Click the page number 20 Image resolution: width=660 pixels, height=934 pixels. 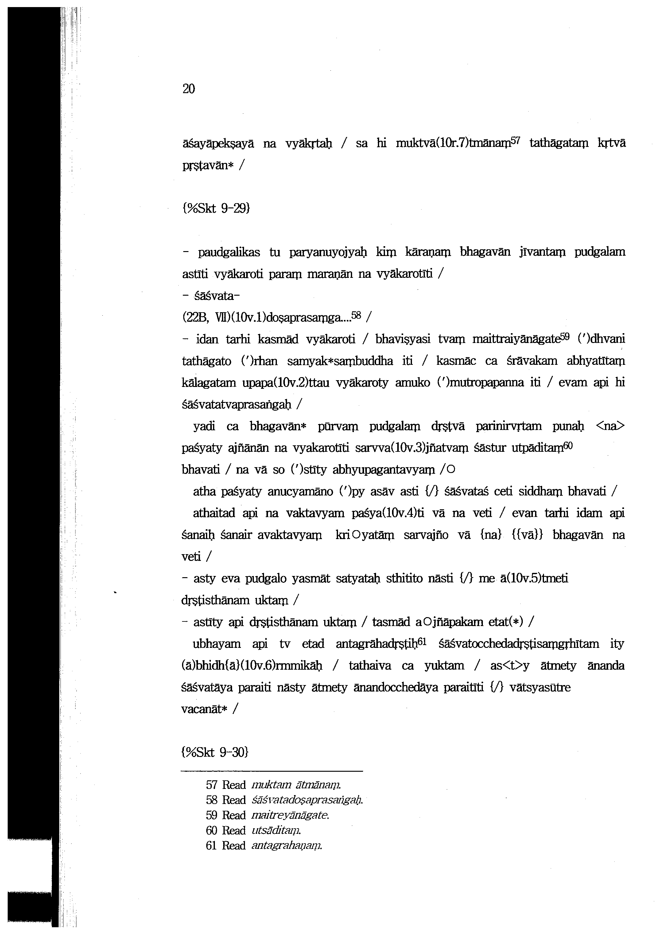tap(188, 89)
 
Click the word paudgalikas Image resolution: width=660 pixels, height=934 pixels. tap(229, 253)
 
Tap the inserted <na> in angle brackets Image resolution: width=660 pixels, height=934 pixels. tap(610, 427)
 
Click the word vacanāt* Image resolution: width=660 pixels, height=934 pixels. tap(203, 709)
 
